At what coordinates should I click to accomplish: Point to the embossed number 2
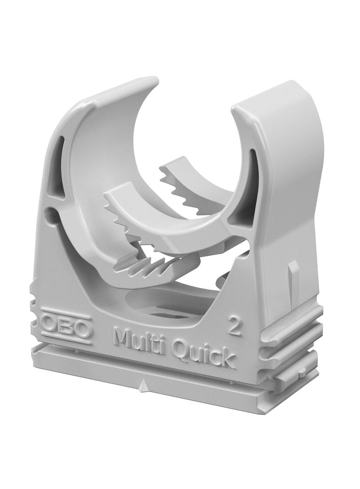(235, 328)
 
